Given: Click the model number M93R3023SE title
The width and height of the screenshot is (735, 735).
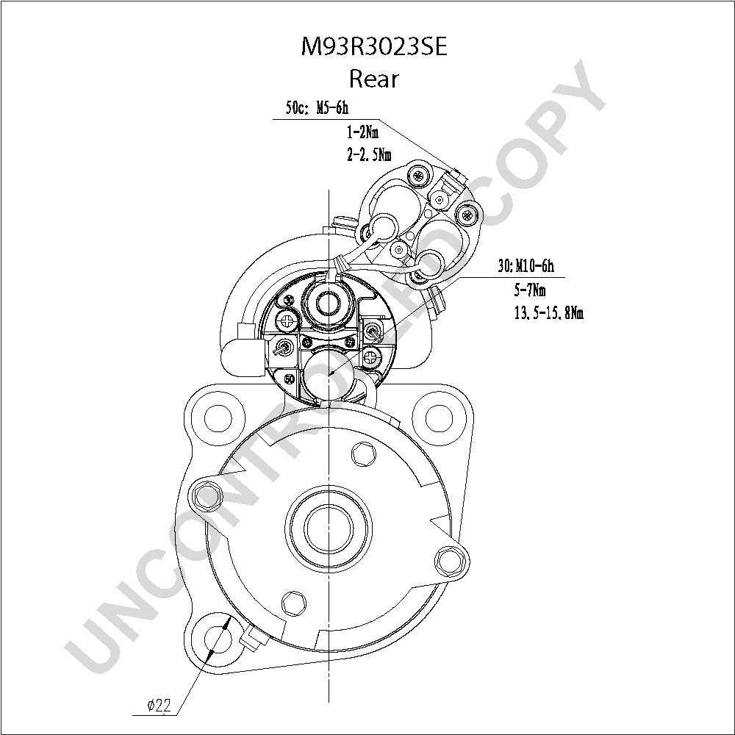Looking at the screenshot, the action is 373,47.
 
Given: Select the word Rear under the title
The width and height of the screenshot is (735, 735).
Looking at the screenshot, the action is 373,79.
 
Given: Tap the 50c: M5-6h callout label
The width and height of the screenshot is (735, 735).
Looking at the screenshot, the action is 317,108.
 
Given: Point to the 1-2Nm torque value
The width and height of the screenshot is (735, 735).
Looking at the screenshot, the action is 362,132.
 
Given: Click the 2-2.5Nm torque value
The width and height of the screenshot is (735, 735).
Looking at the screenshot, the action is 369,154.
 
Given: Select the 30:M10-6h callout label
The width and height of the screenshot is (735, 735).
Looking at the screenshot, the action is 526,266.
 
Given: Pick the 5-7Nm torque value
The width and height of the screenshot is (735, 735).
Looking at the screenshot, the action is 530,290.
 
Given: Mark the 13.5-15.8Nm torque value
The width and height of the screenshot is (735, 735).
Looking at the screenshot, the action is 549,312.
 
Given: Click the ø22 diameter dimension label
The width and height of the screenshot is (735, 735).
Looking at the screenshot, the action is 159,705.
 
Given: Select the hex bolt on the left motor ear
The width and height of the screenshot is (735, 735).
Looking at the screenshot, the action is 207,495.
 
